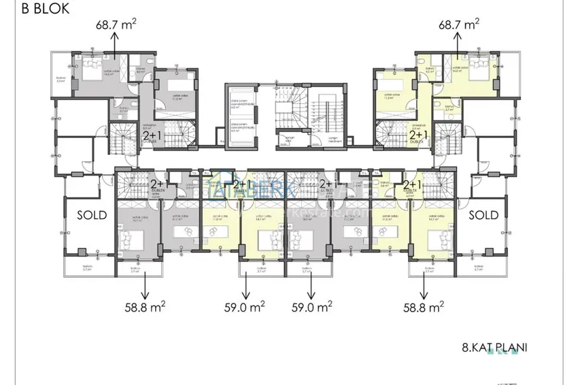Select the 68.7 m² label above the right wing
[x=459, y=24]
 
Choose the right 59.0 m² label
[x=311, y=307]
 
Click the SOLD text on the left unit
[x=92, y=215]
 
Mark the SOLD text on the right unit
[x=483, y=215]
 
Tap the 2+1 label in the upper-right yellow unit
[x=418, y=135]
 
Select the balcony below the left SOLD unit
[x=86, y=267]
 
